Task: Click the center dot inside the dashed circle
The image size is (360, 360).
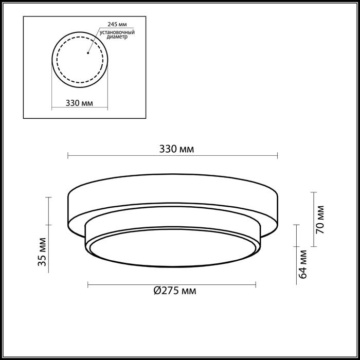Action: coord(88,52)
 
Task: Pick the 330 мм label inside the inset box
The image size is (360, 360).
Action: coord(79,103)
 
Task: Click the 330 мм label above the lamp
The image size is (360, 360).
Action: coord(176,149)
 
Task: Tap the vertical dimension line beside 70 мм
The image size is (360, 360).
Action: coord(313,219)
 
